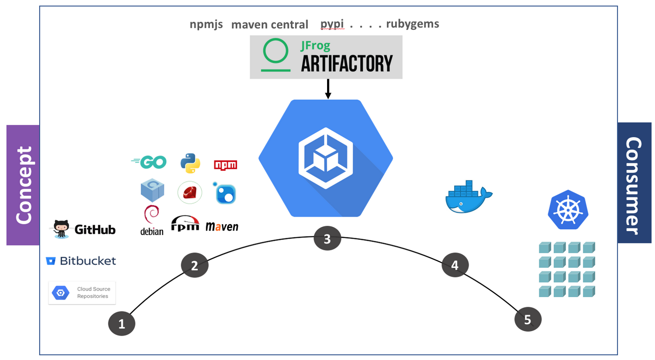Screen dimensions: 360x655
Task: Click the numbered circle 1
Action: [122, 323]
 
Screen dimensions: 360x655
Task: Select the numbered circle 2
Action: [195, 265]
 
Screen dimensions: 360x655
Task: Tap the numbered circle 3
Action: [327, 239]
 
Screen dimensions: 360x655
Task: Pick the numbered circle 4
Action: [455, 265]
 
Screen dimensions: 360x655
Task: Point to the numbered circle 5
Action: [527, 319]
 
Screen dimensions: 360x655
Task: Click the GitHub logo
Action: [85, 229]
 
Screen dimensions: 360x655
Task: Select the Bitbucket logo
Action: [81, 261]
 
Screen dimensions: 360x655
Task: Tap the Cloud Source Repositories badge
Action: [82, 293]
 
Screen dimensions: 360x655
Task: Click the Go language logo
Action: [149, 162]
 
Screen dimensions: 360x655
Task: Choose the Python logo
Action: [190, 163]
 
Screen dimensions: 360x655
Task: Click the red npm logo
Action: [225, 165]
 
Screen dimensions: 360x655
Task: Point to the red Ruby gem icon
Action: [190, 193]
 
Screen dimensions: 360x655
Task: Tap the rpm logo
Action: [185, 223]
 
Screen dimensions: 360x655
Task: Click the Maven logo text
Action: [222, 227]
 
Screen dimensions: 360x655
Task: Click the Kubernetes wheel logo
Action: [568, 210]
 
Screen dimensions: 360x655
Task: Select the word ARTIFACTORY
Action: [347, 64]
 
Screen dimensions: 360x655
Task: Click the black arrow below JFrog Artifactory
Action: [328, 89]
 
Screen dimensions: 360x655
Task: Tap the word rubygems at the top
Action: [413, 24]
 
